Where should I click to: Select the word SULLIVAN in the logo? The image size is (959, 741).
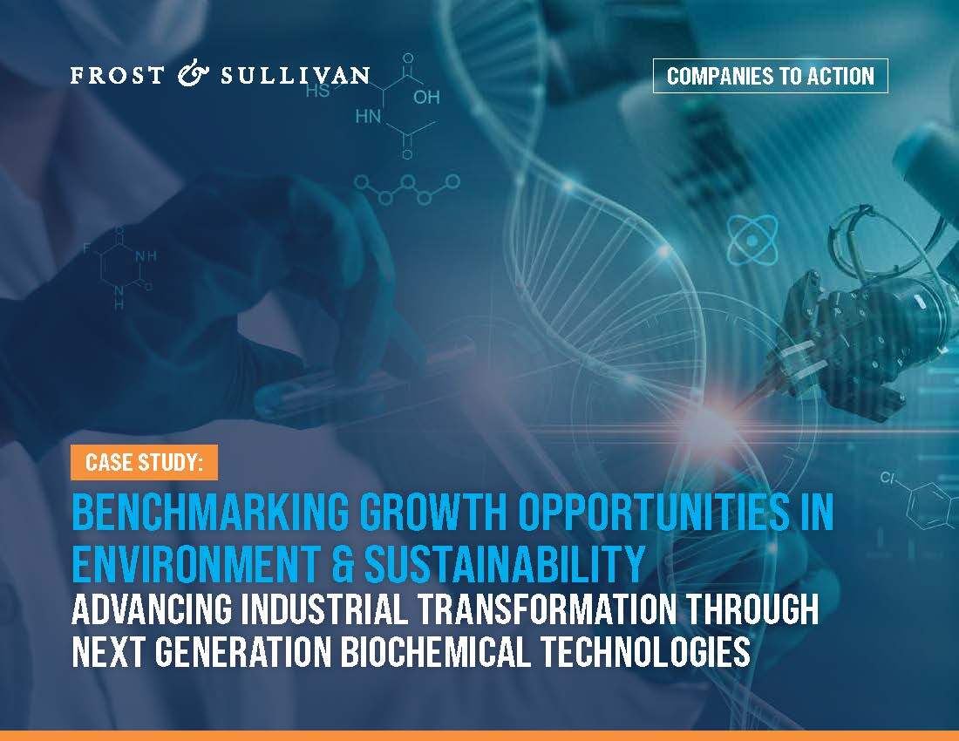coord(296,75)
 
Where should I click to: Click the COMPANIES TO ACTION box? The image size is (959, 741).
coord(770,76)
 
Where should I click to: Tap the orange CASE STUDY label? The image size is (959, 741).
coord(145,462)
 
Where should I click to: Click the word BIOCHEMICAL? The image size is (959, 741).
coord(435,652)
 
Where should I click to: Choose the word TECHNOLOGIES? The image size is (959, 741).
coord(645,652)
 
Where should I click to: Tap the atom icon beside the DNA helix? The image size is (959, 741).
coord(752,241)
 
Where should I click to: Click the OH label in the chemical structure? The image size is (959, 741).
coord(426,98)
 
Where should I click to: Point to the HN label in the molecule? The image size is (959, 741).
coord(368,116)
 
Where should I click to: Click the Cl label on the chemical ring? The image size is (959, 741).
coord(888,478)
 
